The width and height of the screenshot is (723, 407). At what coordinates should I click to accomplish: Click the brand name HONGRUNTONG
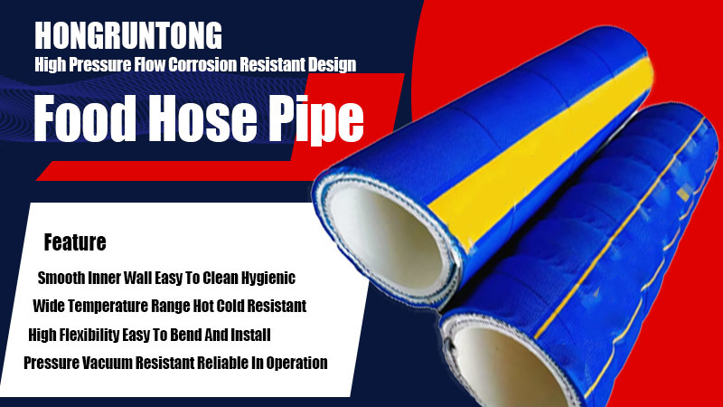pos(128,35)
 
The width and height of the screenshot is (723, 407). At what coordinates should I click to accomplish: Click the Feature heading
pos(75,242)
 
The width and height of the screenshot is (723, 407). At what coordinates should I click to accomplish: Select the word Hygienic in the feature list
pos(268,279)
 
